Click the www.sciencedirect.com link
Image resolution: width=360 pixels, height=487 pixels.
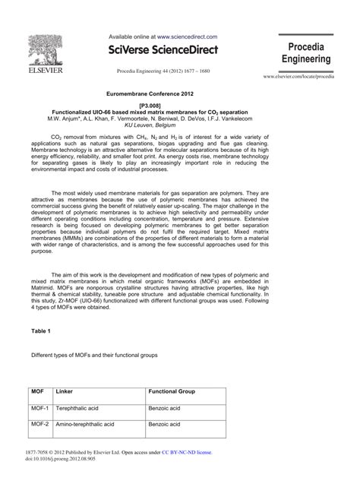tap(187, 36)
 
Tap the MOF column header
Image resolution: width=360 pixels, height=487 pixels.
tap(38, 391)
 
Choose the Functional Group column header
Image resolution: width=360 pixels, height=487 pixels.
tap(172, 391)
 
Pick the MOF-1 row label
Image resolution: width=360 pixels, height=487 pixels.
tap(40, 408)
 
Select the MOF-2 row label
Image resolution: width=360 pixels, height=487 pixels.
tap(40, 424)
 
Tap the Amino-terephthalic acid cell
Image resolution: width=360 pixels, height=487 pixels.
tap(85, 424)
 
